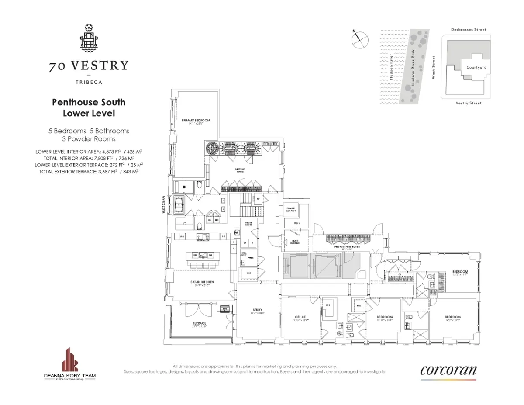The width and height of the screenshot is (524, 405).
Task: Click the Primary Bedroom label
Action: click(196, 121)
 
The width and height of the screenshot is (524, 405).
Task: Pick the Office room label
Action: click(300, 317)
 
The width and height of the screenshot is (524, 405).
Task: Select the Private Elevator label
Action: click(291, 209)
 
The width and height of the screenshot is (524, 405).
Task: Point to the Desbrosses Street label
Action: click(469, 30)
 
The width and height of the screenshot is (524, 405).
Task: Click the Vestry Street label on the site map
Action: click(468, 103)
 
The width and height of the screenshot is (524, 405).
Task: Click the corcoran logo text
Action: click(448, 370)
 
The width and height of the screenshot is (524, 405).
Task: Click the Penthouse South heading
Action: click(89, 102)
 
